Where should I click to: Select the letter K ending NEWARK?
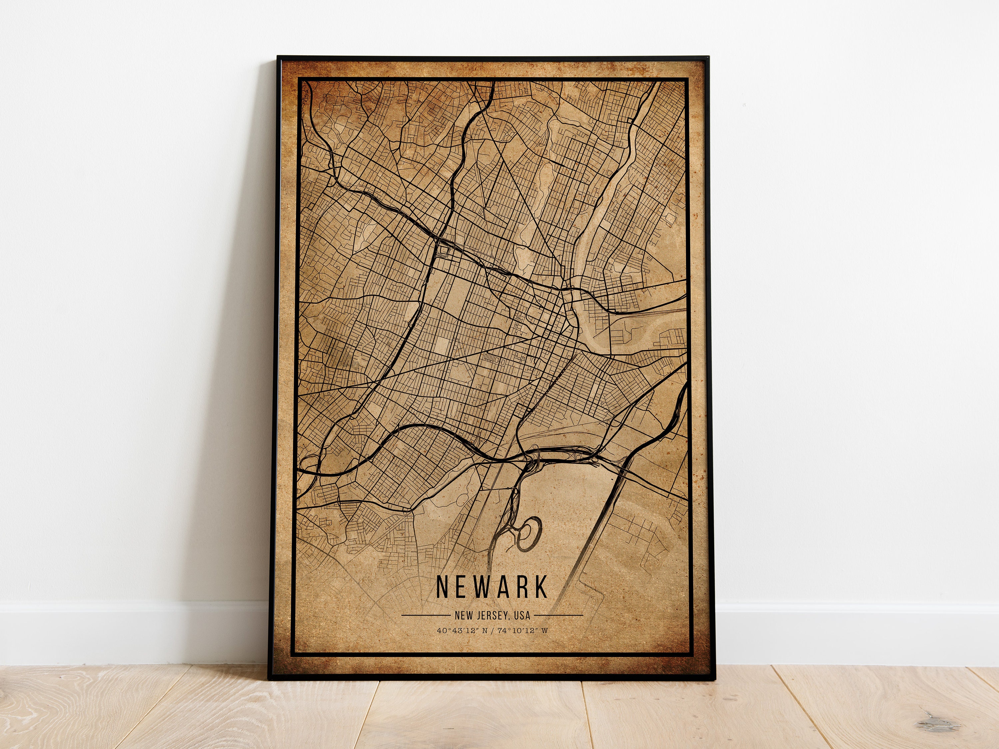(x=540, y=587)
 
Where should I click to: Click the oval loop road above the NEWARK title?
(x=528, y=534)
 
